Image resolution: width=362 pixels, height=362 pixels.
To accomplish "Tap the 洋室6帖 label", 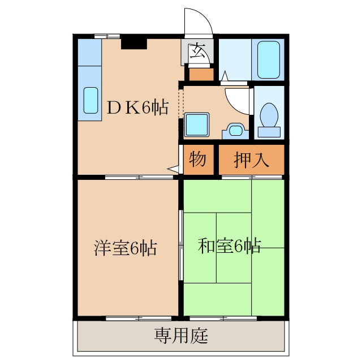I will click(x=125, y=248).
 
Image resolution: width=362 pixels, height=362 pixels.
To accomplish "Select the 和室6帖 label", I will click(x=229, y=247).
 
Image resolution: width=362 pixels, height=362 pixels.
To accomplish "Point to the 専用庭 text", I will click(x=181, y=337).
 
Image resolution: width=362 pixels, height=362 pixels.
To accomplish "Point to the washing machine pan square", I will click(x=197, y=124).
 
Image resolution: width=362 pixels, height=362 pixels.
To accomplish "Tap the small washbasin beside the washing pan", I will click(x=234, y=130).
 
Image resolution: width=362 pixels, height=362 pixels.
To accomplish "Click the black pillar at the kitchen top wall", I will click(x=134, y=41).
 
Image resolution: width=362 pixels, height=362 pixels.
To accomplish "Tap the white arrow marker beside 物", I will click(x=174, y=168).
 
